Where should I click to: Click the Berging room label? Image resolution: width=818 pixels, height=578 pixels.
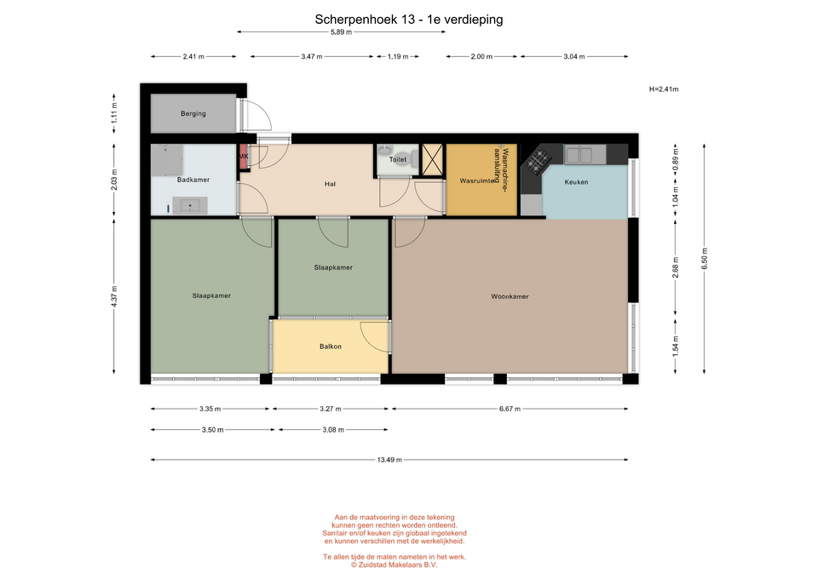pyautogui.click(x=193, y=113)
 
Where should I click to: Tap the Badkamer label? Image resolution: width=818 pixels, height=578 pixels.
pyautogui.click(x=193, y=180)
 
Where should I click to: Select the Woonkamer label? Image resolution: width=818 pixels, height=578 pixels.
pyautogui.click(x=510, y=296)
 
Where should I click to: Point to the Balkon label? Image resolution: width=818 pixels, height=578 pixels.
pyautogui.click(x=331, y=346)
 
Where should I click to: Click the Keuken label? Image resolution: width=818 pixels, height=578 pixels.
pyautogui.click(x=576, y=182)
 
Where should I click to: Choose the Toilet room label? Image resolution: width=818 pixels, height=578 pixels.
pyautogui.click(x=398, y=159)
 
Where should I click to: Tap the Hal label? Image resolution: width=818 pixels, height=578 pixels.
pyautogui.click(x=330, y=184)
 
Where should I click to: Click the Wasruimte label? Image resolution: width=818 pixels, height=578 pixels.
pyautogui.click(x=477, y=181)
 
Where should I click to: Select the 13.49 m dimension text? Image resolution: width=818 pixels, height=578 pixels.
pyautogui.click(x=389, y=461)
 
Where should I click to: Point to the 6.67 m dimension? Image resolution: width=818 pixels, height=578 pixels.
pyautogui.click(x=510, y=409)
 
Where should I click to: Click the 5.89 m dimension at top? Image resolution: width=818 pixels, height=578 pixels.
pyautogui.click(x=341, y=32)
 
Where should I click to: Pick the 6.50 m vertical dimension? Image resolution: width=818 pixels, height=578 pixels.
pyautogui.click(x=705, y=259)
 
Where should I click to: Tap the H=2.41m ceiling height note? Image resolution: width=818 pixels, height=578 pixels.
pyautogui.click(x=664, y=89)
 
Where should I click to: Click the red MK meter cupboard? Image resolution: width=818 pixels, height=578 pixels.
pyautogui.click(x=243, y=157)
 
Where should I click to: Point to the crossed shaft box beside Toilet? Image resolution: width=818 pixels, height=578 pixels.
pyautogui.click(x=432, y=159)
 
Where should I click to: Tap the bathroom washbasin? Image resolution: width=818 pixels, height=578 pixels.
pyautogui.click(x=190, y=205)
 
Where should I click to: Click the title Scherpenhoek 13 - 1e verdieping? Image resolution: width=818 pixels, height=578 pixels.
pyautogui.click(x=408, y=20)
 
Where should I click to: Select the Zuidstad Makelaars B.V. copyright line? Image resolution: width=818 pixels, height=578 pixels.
pyautogui.click(x=394, y=565)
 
